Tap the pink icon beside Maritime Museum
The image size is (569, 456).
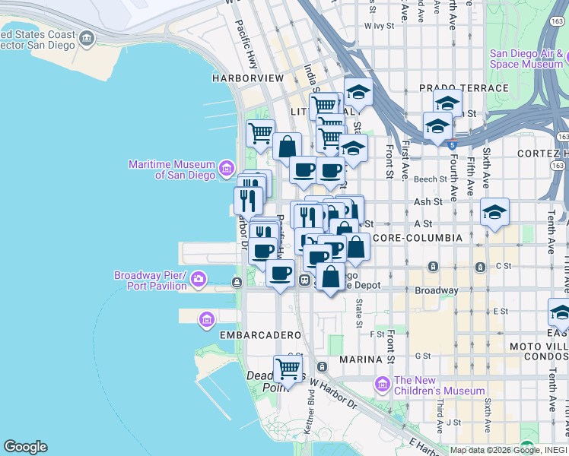[x=227, y=167]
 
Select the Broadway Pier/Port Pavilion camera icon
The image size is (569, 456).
[x=199, y=279]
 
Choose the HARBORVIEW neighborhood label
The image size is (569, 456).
[x=248, y=78]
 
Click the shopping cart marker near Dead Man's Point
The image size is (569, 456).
[x=288, y=370]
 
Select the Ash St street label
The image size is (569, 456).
[x=428, y=202]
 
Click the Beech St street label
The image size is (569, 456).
[x=428, y=179]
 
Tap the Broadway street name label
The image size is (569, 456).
[x=436, y=290]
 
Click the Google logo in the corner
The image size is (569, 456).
[x=25, y=447]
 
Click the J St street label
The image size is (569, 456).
[x=454, y=422]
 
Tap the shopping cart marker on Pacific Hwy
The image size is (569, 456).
[x=260, y=133]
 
